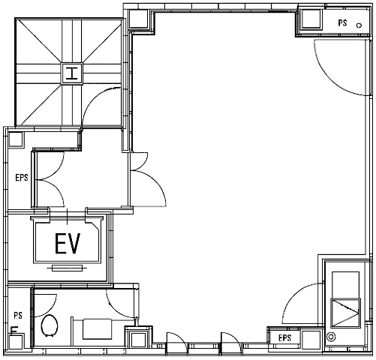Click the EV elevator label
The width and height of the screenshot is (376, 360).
(68, 244)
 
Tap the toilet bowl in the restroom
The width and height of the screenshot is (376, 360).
(50, 325)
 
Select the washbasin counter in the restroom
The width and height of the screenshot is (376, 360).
(97, 328)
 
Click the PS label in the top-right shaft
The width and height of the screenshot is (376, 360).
(342, 23)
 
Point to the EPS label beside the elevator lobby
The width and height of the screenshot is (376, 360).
(22, 178)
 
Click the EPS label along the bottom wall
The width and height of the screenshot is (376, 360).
(285, 338)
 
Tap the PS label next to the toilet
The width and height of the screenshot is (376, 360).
(18, 315)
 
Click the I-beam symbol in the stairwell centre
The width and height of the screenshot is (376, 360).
(72, 73)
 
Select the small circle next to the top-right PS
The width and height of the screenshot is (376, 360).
(359, 25)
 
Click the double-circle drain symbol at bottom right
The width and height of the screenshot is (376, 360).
(331, 337)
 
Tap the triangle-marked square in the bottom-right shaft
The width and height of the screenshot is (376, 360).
(345, 313)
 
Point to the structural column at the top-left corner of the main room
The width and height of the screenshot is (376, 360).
(139, 19)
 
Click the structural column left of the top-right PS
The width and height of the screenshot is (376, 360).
(311, 19)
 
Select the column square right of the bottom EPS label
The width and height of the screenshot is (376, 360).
(311, 340)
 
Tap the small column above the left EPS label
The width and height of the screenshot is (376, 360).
(16, 139)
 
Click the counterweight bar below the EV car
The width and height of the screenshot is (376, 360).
(68, 268)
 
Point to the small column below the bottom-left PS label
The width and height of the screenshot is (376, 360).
(16, 340)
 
